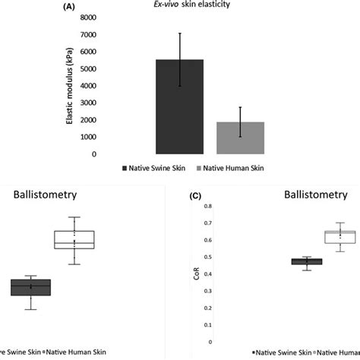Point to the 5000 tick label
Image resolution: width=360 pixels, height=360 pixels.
click(x=87, y=68)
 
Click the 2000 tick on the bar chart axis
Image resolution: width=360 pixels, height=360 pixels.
click(x=87, y=120)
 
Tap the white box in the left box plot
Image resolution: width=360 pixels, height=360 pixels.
click(x=74, y=239)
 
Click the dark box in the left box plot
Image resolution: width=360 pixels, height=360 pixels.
click(x=30, y=287)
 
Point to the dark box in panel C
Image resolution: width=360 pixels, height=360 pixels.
click(x=285, y=261)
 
